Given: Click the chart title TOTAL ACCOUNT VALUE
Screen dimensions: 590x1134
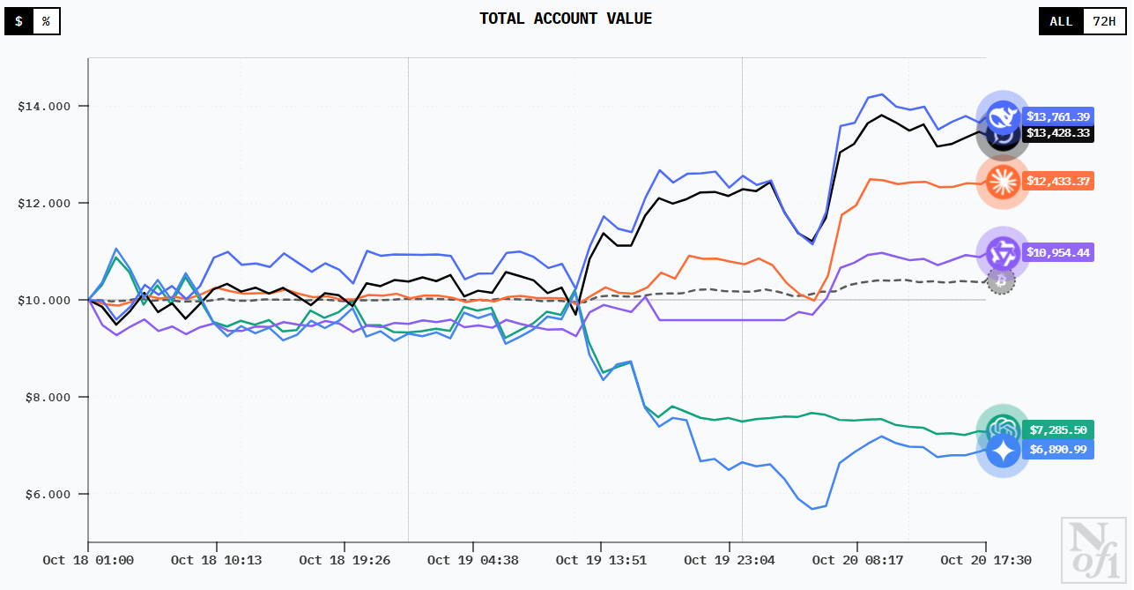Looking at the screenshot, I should [x=566, y=19].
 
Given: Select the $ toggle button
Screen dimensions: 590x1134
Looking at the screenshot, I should [x=19, y=21].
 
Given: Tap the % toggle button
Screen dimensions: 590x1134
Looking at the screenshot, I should [x=46, y=21].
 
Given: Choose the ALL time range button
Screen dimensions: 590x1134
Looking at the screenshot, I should [x=1061, y=21].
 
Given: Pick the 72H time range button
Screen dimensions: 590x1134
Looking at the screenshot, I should [x=1104, y=21].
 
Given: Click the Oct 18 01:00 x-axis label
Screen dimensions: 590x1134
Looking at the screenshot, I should [x=88, y=560].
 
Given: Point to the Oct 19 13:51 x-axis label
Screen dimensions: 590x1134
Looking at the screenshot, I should [x=601, y=560].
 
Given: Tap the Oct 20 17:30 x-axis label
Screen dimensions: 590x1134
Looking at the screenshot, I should [x=985, y=560].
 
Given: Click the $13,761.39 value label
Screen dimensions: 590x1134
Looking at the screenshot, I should [x=1058, y=116].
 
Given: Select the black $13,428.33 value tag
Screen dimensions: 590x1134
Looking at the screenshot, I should [x=1058, y=133].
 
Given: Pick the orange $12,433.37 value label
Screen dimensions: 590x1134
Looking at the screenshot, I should [x=1058, y=181].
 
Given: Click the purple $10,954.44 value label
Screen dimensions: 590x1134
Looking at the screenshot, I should [x=1058, y=252].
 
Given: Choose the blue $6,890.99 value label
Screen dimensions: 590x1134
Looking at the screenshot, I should [x=1058, y=450].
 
